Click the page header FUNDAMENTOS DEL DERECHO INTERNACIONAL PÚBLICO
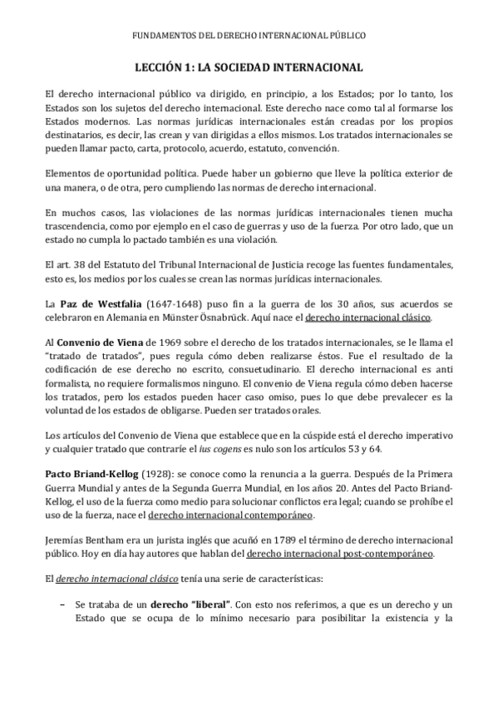point(249,36)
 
